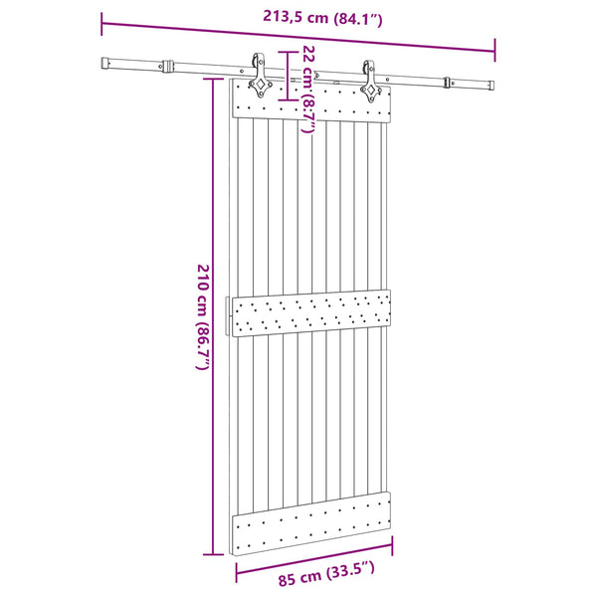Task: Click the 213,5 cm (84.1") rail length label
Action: pyautogui.click(x=322, y=18)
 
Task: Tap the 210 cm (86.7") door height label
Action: pyautogui.click(x=203, y=316)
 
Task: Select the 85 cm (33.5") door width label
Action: pyautogui.click(x=326, y=574)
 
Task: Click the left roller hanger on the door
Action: pyautogui.click(x=260, y=76)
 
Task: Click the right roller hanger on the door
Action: pyautogui.click(x=370, y=82)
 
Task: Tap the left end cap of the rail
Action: pyautogui.click(x=105, y=64)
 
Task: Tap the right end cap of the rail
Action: pyautogui.click(x=492, y=86)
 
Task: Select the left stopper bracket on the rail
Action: pyautogui.click(x=167, y=66)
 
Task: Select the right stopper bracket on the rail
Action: pyautogui.click(x=448, y=83)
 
